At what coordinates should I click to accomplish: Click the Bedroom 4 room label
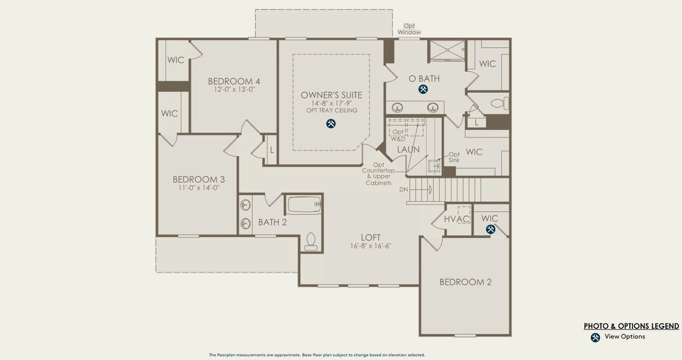coord(234,82)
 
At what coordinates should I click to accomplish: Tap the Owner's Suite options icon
coord(331,124)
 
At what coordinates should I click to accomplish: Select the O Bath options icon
coord(423,89)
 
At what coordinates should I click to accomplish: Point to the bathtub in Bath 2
coord(304,205)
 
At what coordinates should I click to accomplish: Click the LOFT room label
coord(370,238)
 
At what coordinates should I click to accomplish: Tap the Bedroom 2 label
coord(465,282)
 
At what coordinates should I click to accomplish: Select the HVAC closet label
coord(457,219)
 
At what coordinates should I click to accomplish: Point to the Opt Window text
coord(409,29)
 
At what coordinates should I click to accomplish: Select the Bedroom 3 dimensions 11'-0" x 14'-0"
coord(198,188)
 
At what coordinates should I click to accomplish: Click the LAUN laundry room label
coord(408,149)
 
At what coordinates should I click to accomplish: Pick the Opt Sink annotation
coord(454,157)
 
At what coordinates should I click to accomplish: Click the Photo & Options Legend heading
coord(631,326)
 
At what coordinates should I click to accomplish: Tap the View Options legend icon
coord(595,337)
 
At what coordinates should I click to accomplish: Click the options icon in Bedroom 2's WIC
coord(490,229)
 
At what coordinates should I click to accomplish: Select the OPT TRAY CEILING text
coord(331,110)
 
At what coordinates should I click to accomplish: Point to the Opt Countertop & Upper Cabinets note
coord(378,174)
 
